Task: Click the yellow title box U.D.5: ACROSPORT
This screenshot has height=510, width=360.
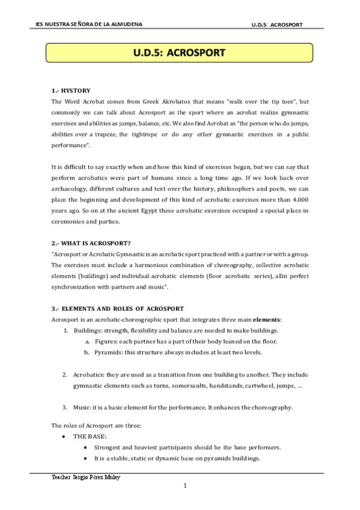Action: click(x=180, y=53)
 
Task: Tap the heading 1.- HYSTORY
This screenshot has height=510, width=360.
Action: click(x=71, y=90)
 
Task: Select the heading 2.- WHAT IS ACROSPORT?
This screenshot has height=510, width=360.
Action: click(x=91, y=243)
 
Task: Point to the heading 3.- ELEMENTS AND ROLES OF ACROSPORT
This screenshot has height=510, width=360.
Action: click(x=117, y=309)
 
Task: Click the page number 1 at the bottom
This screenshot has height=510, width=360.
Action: click(x=186, y=485)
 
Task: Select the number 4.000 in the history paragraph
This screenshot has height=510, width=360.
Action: click(x=296, y=200)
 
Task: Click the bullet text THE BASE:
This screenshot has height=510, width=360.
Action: click(x=90, y=437)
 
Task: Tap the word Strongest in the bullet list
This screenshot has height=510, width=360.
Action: click(x=110, y=447)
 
